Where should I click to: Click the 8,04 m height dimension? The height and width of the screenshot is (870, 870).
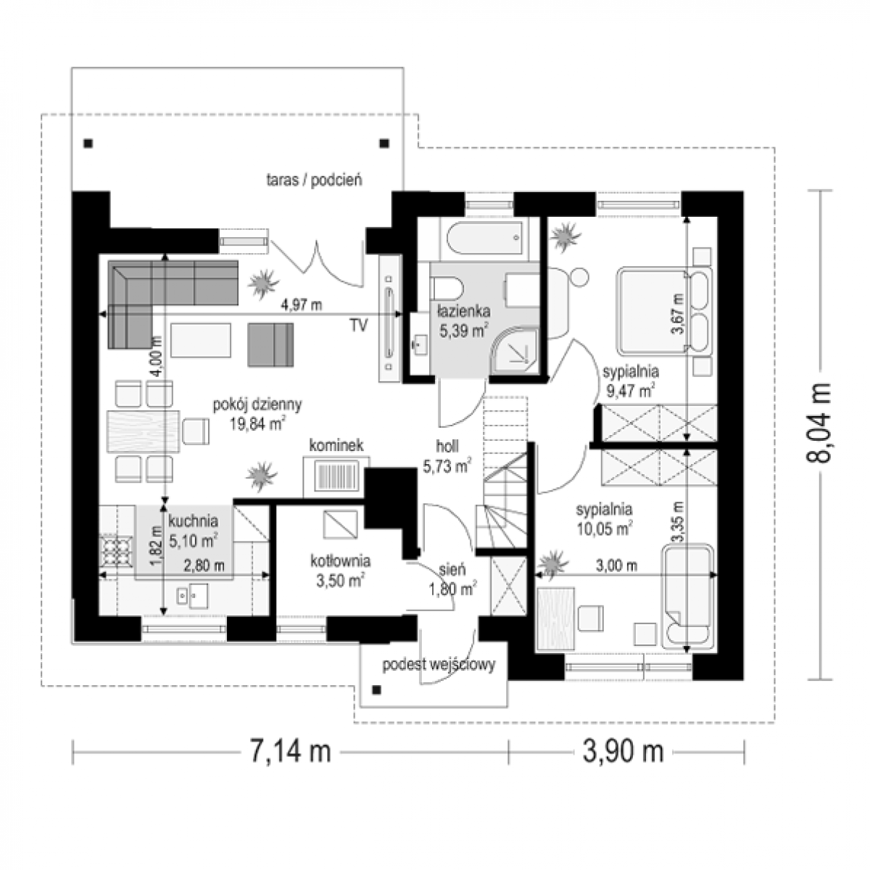coord(819,423)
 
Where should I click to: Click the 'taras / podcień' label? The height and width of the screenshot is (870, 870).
coord(314,180)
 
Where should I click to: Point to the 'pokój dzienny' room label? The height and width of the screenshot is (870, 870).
coord(257,405)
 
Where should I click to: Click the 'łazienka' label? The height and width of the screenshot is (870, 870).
coord(464,311)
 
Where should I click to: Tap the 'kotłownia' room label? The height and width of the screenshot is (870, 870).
coord(341,560)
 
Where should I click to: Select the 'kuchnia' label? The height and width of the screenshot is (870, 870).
coord(193,521)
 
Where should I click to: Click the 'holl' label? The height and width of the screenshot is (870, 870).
coord(447,447)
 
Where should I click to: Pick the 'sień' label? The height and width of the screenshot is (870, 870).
coord(452,570)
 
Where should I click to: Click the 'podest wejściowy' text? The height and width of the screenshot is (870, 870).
coord(439,665)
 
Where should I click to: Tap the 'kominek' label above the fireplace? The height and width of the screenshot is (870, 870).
coord(336,445)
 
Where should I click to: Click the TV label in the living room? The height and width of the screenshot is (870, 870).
coord(359,325)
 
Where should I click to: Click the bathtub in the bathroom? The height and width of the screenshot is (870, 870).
coord(485,238)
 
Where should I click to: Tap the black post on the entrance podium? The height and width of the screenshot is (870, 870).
coord(376,690)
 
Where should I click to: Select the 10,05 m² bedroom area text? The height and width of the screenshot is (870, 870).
coord(604,529)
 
